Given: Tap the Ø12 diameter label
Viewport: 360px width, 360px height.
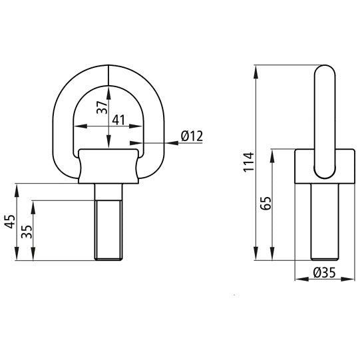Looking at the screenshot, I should coord(191,136).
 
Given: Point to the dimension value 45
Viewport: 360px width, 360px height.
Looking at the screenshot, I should coord(9,222).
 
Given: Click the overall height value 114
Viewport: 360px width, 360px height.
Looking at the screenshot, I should coord(248,162).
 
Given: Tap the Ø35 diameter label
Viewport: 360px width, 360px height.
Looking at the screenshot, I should coord(323,273).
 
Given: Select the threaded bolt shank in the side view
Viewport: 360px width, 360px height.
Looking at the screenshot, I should coord(324,222).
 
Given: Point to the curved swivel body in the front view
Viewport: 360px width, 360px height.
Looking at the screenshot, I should coord(109,166).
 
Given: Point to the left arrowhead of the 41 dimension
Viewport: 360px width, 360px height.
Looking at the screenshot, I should coord(76,128).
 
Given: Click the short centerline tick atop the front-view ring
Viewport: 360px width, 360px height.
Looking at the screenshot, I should coord(108,73).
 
